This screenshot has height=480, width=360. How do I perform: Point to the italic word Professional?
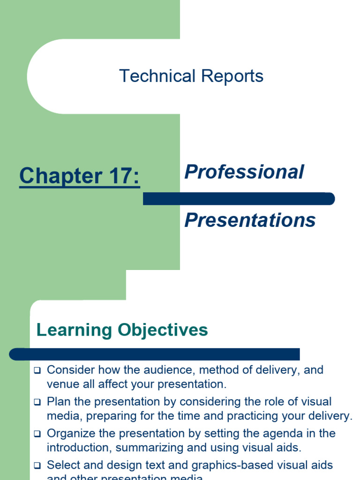(244, 172)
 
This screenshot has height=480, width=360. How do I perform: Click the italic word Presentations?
(250, 220)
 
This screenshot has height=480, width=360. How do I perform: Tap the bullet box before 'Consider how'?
(37, 370)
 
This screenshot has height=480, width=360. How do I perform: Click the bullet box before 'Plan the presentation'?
(37, 402)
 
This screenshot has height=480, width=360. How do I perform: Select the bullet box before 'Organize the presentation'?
(37, 434)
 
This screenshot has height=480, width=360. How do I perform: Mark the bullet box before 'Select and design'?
(37, 466)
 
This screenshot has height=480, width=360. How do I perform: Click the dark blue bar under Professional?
(239, 199)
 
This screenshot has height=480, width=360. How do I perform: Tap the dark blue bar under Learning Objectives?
(155, 354)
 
